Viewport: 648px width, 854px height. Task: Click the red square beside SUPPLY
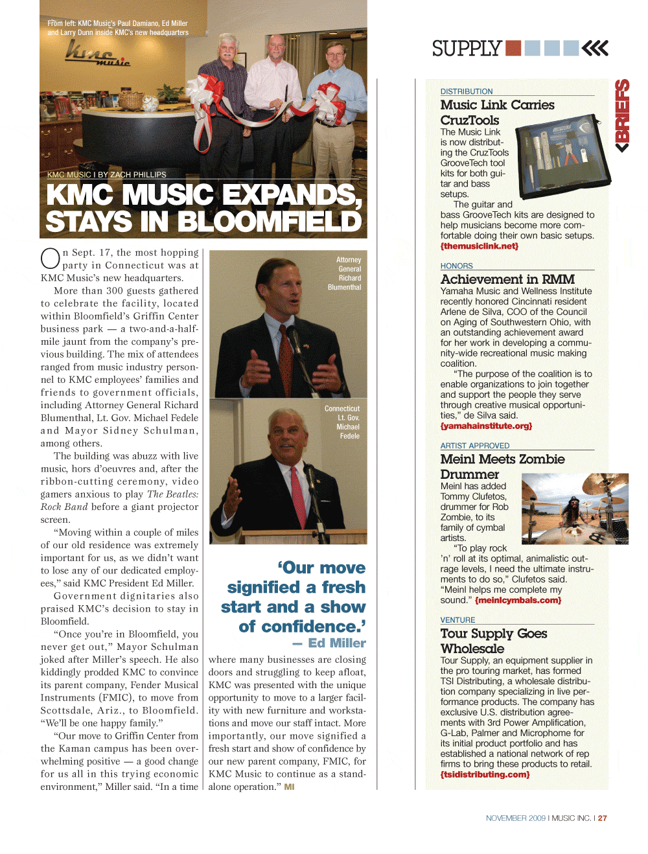(x=513, y=48)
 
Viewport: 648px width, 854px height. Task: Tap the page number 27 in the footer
(x=603, y=818)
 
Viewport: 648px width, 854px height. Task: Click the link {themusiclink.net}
(x=480, y=246)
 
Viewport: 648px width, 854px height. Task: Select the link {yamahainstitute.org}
(x=486, y=426)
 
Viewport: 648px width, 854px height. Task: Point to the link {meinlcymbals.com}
(x=518, y=601)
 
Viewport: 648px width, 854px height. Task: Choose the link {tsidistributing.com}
(x=485, y=774)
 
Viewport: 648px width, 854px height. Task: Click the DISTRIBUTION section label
(x=467, y=91)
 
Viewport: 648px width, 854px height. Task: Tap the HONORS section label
(x=457, y=266)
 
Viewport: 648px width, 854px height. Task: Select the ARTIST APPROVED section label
(x=475, y=446)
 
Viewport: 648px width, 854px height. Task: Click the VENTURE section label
(x=457, y=620)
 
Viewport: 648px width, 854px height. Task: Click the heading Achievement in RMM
(x=507, y=279)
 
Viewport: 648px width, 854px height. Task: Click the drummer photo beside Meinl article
(x=575, y=509)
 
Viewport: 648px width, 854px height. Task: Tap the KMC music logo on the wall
(x=97, y=54)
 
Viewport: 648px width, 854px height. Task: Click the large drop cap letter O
(x=51, y=259)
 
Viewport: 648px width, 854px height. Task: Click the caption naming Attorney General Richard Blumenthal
(x=345, y=273)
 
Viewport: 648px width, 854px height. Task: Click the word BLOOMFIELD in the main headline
(x=269, y=222)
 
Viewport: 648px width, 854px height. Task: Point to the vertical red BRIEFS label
(x=622, y=115)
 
